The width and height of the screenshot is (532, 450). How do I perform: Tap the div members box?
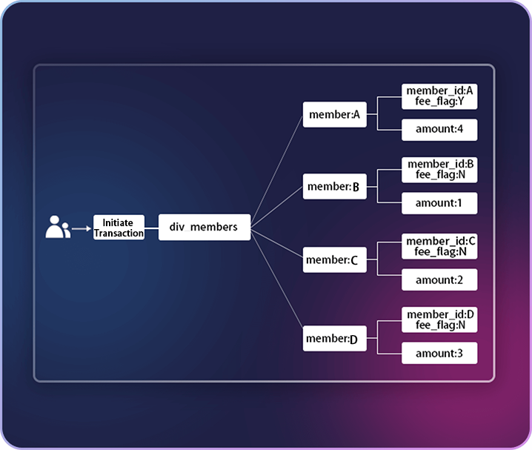205,227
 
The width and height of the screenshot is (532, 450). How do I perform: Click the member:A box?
334,115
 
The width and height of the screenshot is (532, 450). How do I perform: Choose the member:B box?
334,187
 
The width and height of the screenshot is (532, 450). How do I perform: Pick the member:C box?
334,260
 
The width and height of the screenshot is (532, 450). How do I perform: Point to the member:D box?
334,339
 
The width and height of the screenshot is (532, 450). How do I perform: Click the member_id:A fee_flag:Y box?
439,96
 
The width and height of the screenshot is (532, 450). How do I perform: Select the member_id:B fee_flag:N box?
439,169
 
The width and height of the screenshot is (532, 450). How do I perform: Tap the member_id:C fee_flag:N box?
439,246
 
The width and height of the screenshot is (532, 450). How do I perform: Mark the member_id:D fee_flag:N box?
439,320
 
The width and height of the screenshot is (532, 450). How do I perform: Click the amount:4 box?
439,130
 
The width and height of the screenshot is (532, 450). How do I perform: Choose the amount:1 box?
439,203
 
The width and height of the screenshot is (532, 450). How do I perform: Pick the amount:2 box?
439,279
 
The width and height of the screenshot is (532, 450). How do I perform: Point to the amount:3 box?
439,353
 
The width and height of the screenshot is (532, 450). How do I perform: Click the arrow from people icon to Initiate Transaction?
82,228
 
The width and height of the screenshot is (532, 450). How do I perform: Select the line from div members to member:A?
276,171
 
